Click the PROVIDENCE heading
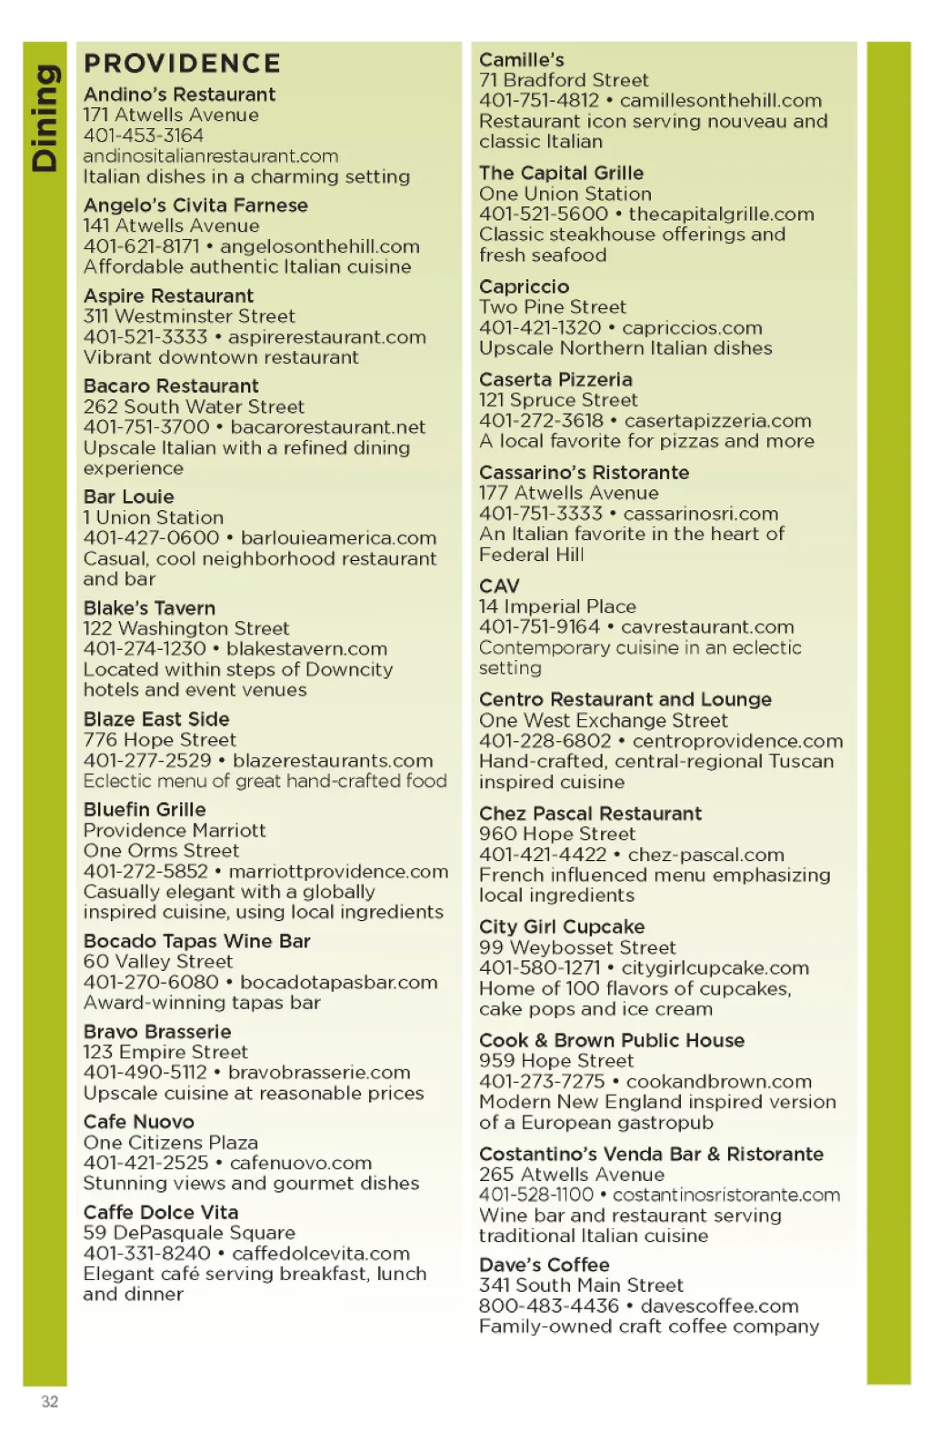coord(182,64)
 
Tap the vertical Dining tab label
coord(45,118)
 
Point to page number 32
coord(50,1401)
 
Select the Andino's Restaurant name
coord(179,95)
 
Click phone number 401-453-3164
coord(144,135)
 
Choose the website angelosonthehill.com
coord(320,246)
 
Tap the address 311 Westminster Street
coord(189,316)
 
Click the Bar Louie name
coord(128,497)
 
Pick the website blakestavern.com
coord(307,649)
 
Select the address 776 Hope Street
coord(160,740)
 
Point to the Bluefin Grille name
coord(145,810)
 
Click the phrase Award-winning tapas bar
coord(202,1003)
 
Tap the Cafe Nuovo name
coord(139,1122)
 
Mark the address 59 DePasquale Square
coord(189,1233)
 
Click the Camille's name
coord(522,60)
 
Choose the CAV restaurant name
coord(499,586)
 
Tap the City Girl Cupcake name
coord(562,927)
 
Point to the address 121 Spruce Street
coord(558,400)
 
